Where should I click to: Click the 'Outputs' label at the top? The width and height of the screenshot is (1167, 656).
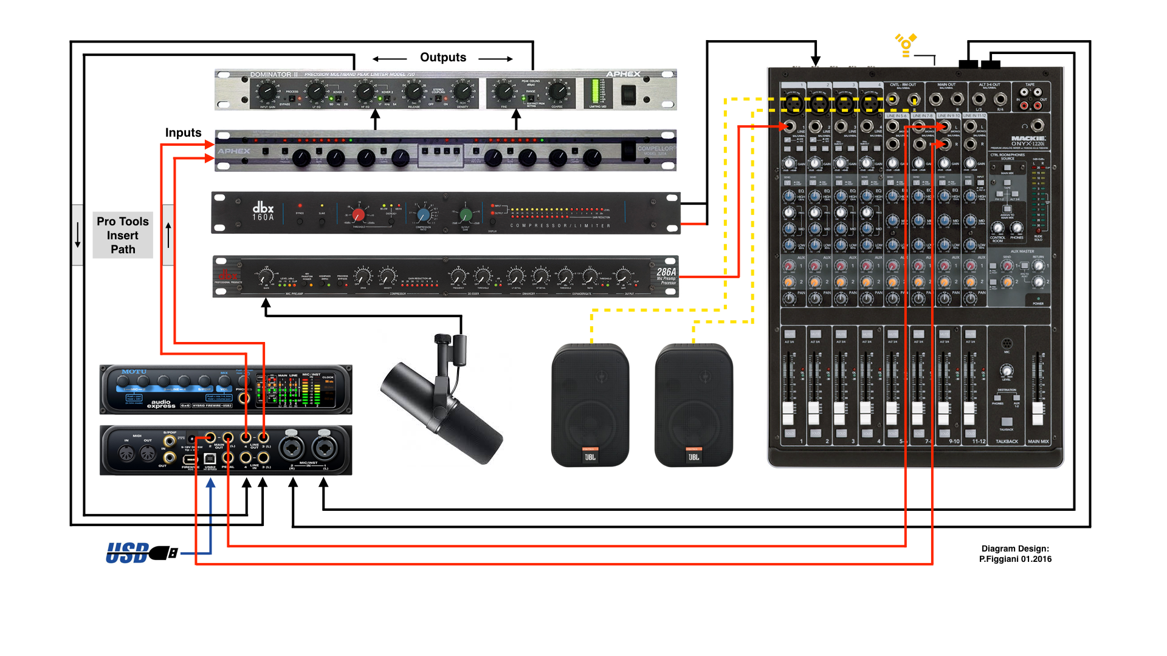pos(443,58)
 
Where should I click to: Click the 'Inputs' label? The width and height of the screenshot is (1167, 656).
pos(183,132)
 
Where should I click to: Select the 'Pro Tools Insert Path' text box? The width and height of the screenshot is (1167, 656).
pos(123,236)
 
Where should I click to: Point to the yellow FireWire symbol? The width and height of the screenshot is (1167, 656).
pos(906,45)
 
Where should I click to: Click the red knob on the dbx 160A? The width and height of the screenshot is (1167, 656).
pos(359,214)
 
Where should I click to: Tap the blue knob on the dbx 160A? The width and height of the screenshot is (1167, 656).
pos(424,214)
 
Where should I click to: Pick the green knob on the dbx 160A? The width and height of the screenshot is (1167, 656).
pos(466,214)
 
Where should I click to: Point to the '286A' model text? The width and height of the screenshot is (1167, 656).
pos(666,272)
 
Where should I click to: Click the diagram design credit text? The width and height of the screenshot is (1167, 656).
pos(1015,554)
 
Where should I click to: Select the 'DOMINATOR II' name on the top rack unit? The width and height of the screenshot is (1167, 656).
pos(274,75)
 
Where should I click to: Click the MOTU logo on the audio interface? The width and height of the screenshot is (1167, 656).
pos(134,372)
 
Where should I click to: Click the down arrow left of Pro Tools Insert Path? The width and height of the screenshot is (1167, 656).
pos(78,235)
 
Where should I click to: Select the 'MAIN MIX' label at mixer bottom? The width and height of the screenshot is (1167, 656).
pos(1038,442)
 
